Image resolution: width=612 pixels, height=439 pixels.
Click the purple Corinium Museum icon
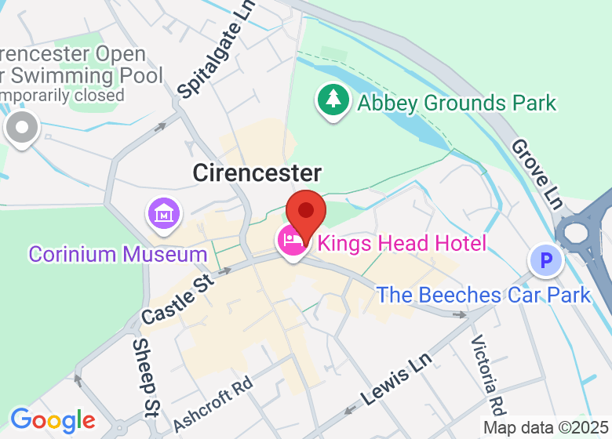point(164,213)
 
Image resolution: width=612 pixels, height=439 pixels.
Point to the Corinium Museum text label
point(118,254)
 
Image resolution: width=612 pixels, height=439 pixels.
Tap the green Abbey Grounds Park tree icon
point(334,100)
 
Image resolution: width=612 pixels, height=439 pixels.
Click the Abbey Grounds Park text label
point(457,103)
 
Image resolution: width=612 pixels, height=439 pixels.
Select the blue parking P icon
point(545,260)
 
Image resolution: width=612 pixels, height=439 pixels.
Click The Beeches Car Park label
point(483,295)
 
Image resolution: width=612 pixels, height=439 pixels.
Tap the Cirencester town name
point(257,173)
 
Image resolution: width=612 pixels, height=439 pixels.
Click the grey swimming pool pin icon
point(21,128)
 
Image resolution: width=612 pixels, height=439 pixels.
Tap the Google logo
point(52,420)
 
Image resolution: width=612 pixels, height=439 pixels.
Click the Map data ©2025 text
point(546,428)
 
